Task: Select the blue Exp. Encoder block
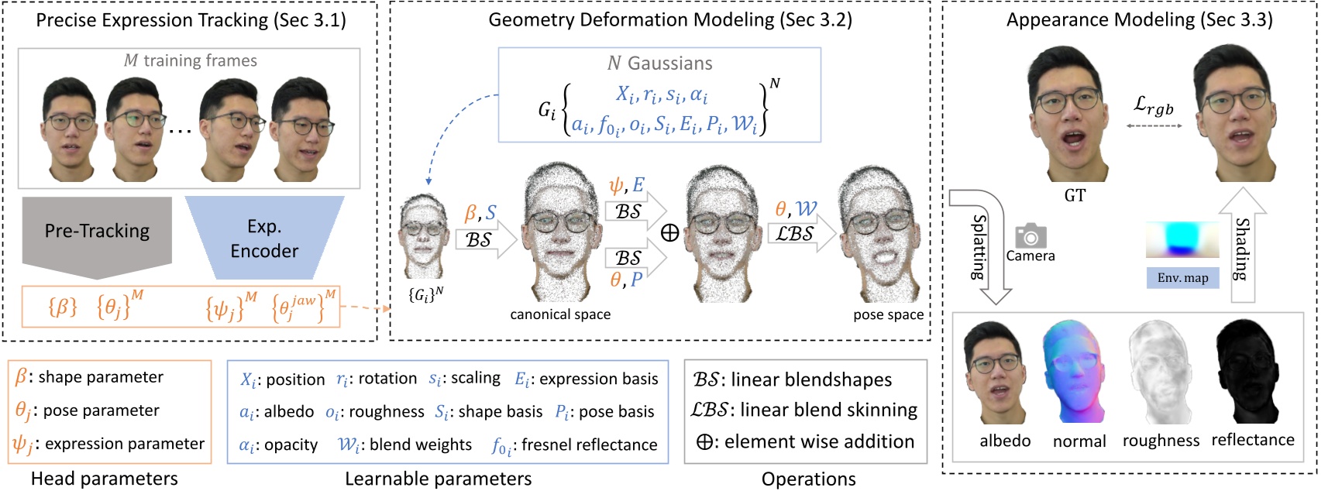click(x=264, y=238)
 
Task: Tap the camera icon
click(x=1030, y=235)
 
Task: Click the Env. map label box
click(x=1182, y=278)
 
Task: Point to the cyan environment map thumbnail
click(x=1182, y=239)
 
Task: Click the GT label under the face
click(x=1075, y=196)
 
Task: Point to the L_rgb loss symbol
click(x=1154, y=106)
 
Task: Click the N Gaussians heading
click(x=659, y=64)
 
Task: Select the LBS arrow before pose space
click(x=798, y=233)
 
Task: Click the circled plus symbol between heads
click(x=670, y=233)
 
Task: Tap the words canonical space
click(x=560, y=314)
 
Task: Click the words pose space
click(x=888, y=314)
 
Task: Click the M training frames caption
click(x=191, y=60)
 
